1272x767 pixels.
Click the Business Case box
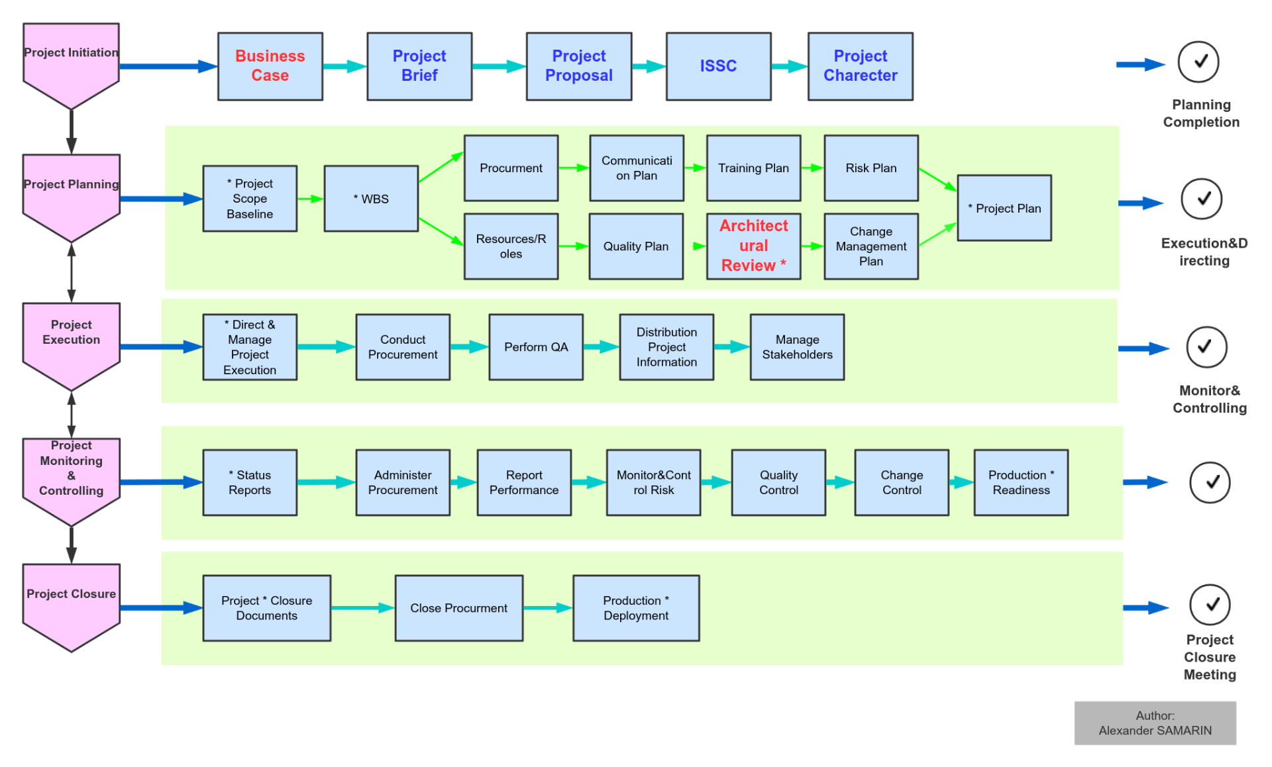click(270, 66)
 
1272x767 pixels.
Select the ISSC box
click(718, 66)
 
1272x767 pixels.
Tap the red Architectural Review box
click(753, 246)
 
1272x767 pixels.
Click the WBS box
click(371, 199)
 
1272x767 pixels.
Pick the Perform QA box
click(536, 347)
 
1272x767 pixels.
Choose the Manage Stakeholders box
click(797, 347)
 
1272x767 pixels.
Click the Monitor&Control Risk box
click(653, 482)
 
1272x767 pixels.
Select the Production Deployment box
click(636, 608)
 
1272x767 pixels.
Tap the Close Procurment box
click(458, 608)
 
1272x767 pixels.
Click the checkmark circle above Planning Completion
click(1198, 62)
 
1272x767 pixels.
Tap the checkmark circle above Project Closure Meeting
click(1210, 604)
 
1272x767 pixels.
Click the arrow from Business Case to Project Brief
click(345, 66)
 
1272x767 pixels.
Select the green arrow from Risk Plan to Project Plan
click(937, 179)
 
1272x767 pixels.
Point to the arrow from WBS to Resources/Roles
click(441, 231)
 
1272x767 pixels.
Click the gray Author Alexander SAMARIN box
click(1155, 723)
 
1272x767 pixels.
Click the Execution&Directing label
click(1204, 252)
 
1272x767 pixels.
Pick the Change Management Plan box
click(871, 246)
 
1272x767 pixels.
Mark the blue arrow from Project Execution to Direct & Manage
click(162, 347)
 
